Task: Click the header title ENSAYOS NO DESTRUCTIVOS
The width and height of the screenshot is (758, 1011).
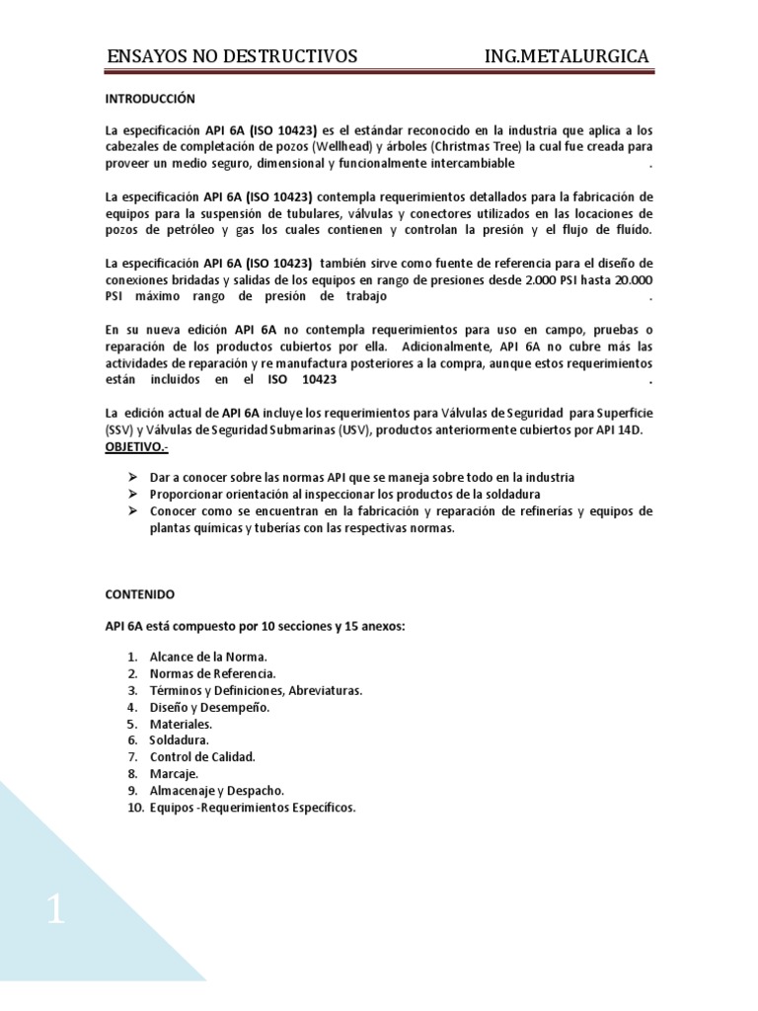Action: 232,56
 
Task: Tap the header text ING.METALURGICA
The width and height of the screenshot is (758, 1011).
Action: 567,56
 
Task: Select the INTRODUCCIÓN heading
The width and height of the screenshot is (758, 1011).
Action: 151,99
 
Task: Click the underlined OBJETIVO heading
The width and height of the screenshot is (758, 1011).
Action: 137,447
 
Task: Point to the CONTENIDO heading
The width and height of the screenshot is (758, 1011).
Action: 140,594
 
